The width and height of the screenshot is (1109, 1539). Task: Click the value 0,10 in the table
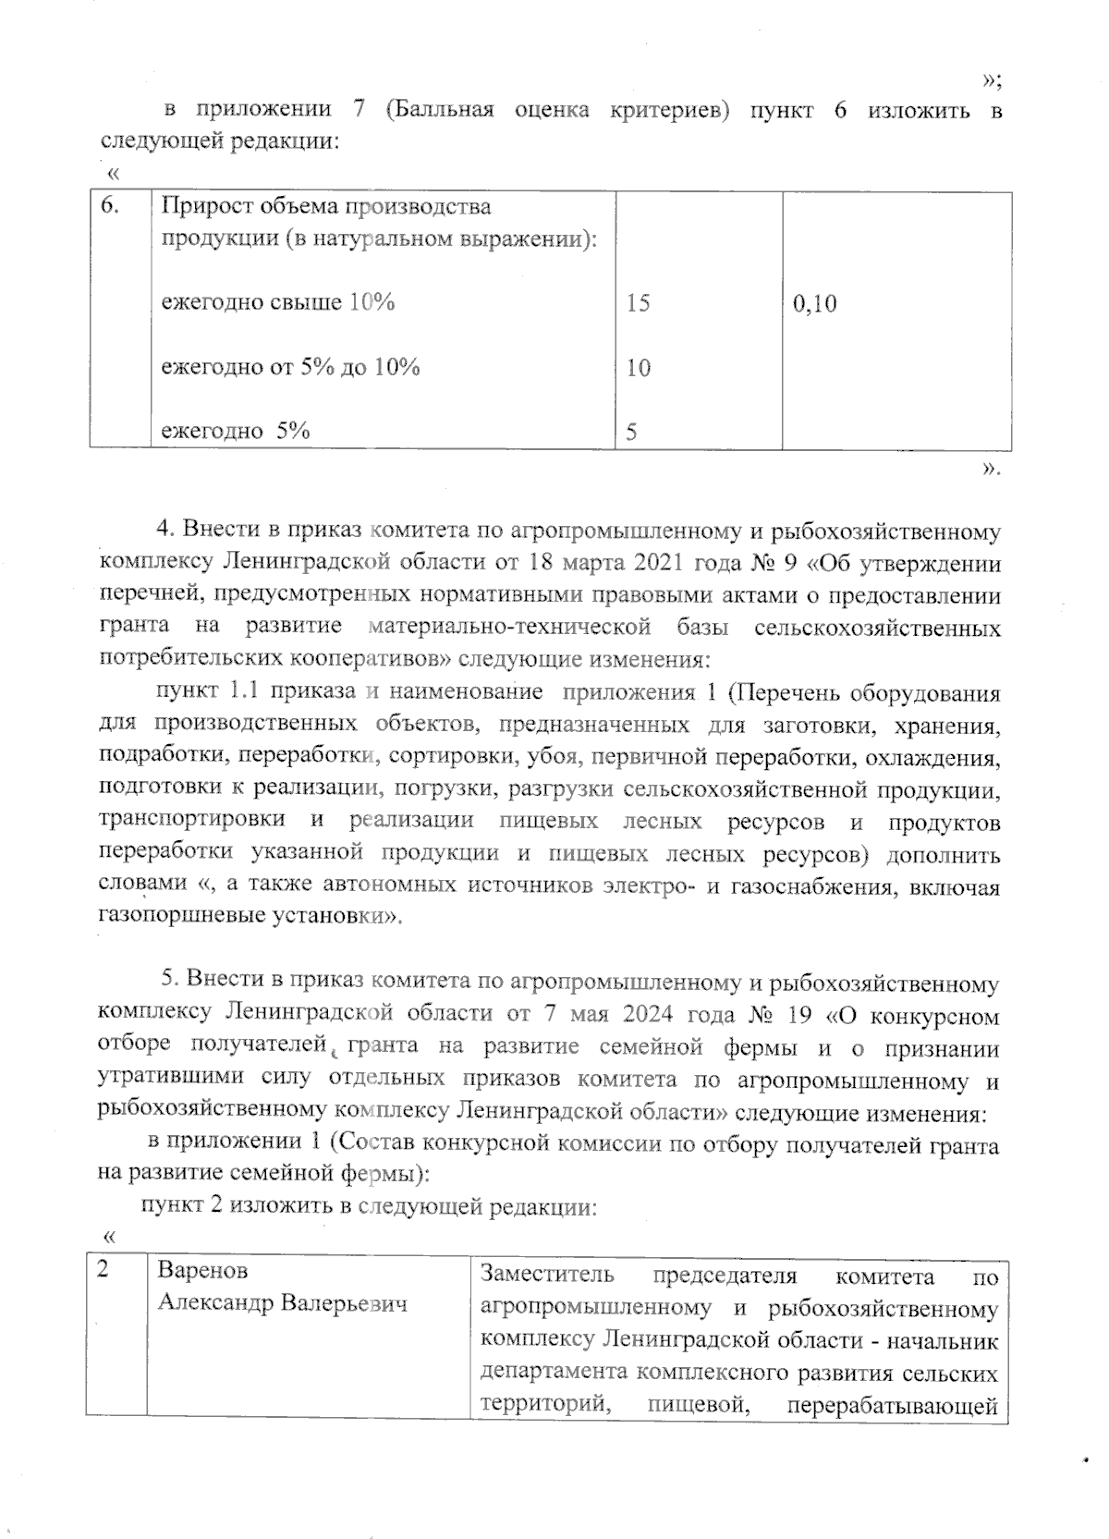click(814, 303)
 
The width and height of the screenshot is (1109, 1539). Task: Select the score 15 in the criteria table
click(638, 303)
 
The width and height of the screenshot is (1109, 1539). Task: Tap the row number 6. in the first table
click(109, 205)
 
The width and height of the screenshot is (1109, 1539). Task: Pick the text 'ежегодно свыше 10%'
click(278, 302)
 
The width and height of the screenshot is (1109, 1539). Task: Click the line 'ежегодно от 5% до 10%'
click(291, 367)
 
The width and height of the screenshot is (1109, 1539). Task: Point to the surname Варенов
click(202, 1271)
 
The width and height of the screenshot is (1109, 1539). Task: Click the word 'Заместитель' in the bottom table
click(547, 1276)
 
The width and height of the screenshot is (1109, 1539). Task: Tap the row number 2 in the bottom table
click(104, 1270)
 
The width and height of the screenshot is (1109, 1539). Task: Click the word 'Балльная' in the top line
click(439, 111)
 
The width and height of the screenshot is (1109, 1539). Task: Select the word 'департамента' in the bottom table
click(554, 1372)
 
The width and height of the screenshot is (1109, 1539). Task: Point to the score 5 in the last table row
click(631, 432)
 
